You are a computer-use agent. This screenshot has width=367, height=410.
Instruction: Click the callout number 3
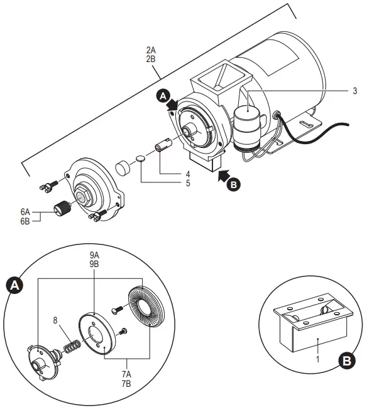[x=354, y=91]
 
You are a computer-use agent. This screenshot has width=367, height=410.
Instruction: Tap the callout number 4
[x=187, y=174]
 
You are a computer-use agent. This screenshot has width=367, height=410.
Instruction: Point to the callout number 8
[x=56, y=320]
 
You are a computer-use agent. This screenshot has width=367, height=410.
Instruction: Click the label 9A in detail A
[x=94, y=255]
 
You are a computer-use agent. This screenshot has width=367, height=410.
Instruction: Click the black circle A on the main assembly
[x=163, y=96]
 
